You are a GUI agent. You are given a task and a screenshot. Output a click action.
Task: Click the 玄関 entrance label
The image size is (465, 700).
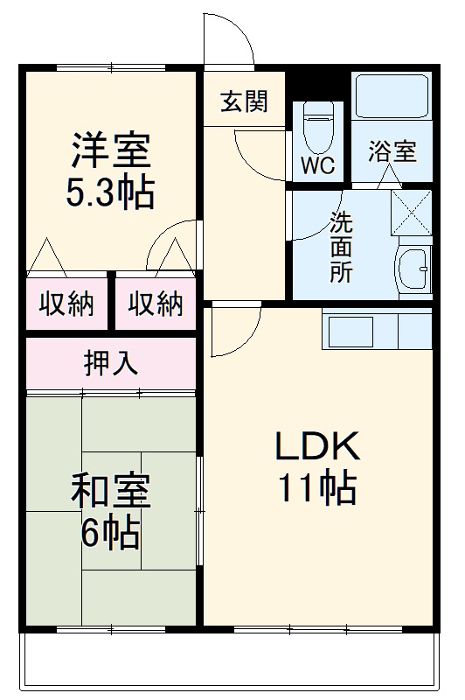click(x=243, y=102)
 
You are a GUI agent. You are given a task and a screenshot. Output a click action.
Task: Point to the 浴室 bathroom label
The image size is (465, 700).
click(x=391, y=150)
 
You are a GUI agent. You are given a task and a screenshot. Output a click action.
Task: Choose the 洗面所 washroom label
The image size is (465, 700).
click(x=341, y=247)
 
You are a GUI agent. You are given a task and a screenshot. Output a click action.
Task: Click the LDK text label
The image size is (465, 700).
click(x=316, y=447)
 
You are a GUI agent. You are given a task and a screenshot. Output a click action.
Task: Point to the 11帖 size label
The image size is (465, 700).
click(x=316, y=487)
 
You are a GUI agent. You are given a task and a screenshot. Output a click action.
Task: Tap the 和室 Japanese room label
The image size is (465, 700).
click(x=110, y=492)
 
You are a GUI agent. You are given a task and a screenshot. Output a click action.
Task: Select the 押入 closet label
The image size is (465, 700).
click(x=111, y=362)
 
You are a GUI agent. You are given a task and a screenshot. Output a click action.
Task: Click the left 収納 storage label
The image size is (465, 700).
click(x=66, y=304)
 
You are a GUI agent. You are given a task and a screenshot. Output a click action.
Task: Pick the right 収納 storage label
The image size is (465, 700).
click(x=156, y=304)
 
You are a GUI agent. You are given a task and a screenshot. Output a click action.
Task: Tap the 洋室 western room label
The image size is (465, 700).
click(x=110, y=150)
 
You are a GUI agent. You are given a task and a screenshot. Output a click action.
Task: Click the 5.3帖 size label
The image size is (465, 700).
click(x=110, y=192)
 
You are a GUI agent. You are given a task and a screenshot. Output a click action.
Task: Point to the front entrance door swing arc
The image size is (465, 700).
click(x=229, y=35)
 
